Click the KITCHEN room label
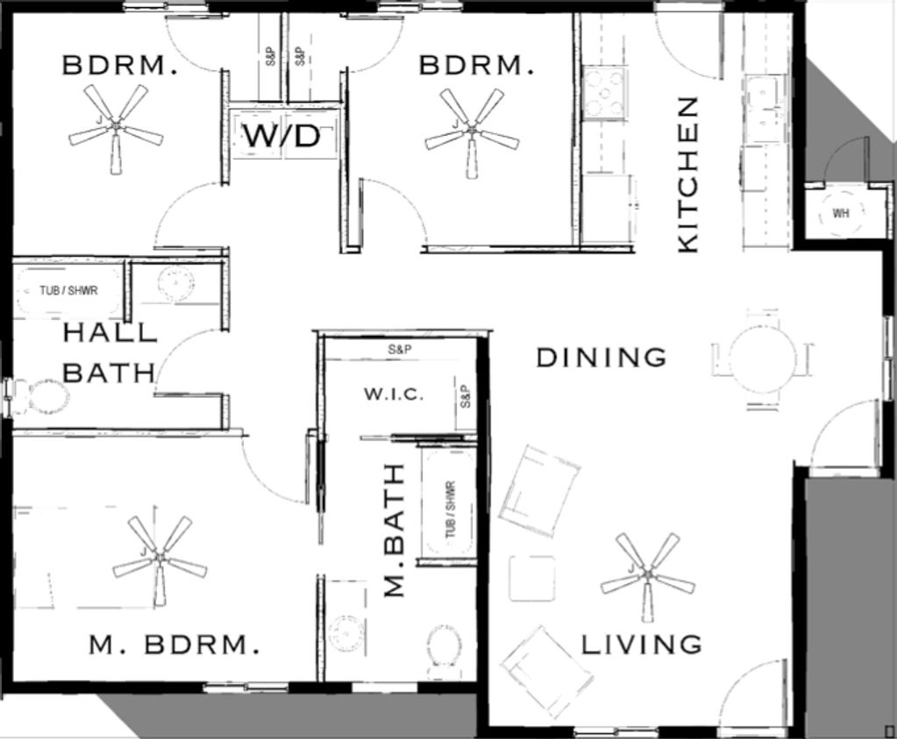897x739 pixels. [687, 174]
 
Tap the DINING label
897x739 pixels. [602, 358]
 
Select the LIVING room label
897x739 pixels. [642, 644]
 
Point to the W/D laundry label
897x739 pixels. [281, 136]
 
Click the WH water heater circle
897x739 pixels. [840, 213]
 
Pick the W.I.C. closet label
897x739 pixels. [395, 394]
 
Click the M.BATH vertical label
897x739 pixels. [395, 530]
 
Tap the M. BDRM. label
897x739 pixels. [174, 644]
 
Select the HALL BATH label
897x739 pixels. [110, 352]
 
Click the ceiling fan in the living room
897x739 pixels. [648, 575]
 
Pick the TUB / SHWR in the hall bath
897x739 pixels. [68, 290]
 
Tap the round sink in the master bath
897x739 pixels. [345, 631]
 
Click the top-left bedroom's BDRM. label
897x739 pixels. [119, 65]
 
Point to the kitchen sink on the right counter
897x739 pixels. [762, 109]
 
